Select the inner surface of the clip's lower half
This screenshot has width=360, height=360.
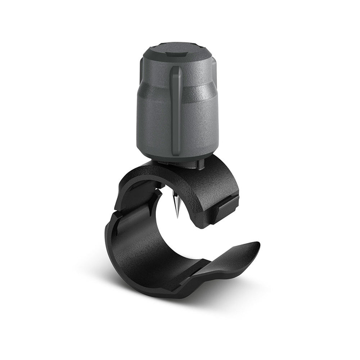click(x=155, y=252)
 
